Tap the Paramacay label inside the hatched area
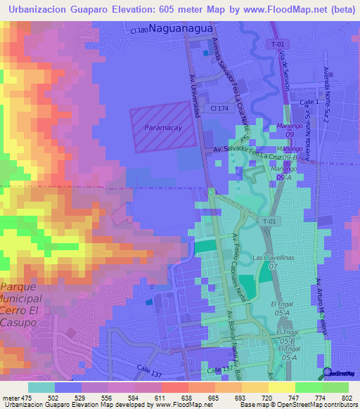coord(163,128)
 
